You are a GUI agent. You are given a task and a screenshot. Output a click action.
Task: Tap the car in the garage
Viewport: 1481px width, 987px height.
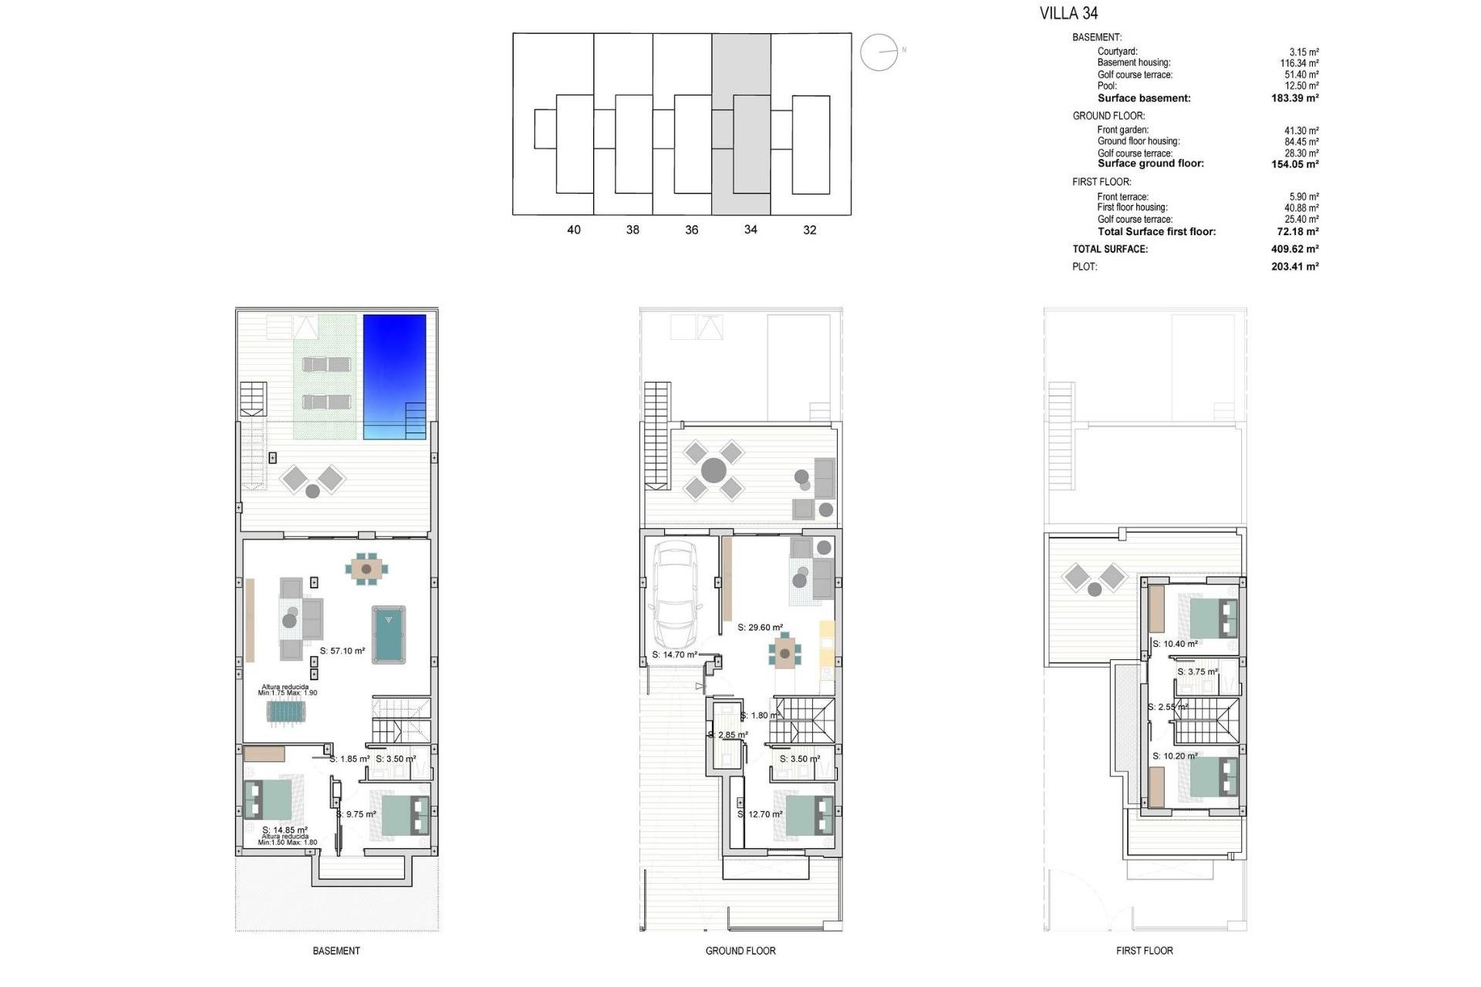point(675,595)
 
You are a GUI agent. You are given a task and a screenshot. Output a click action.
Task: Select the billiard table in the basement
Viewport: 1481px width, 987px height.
point(389,635)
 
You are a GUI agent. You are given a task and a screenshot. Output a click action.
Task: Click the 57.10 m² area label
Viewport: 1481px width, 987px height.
point(342,651)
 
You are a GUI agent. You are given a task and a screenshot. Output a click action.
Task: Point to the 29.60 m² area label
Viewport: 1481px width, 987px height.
point(760,628)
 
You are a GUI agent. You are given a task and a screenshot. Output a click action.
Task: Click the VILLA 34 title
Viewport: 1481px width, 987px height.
point(1068,13)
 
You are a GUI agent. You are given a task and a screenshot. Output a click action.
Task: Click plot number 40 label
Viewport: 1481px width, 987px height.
point(573,230)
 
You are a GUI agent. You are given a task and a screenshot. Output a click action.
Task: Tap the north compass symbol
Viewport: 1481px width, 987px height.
point(879,52)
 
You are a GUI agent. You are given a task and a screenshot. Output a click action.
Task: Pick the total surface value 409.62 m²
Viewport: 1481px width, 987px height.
point(1294,249)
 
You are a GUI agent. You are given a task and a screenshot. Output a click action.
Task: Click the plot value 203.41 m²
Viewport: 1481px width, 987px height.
point(1294,267)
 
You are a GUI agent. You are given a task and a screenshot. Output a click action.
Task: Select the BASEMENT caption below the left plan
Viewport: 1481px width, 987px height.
point(336,951)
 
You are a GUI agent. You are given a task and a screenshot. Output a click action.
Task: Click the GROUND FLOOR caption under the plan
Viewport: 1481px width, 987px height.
point(740,951)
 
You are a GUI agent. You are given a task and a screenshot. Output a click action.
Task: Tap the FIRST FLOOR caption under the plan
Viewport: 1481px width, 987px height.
point(1144,951)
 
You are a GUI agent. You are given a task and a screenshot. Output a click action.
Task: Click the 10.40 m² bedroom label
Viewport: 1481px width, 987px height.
point(1175,644)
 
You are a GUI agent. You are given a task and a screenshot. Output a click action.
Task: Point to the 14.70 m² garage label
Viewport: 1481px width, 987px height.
point(675,655)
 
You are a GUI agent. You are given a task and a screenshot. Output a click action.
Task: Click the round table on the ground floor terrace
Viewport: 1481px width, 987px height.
point(714,470)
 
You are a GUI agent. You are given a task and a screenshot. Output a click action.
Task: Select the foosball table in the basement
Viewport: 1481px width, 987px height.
point(286,711)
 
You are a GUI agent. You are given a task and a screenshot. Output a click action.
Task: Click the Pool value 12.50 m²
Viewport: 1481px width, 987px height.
point(1301,86)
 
